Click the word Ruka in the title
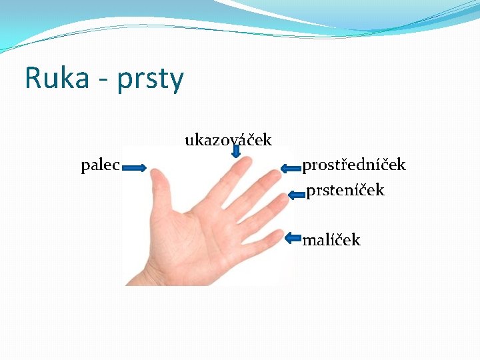point(57,78)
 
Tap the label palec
point(100,165)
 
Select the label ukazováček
point(228,140)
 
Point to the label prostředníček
point(354,165)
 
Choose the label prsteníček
point(345,190)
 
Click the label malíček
point(331,239)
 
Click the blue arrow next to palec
point(134,168)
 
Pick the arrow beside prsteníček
point(297,195)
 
